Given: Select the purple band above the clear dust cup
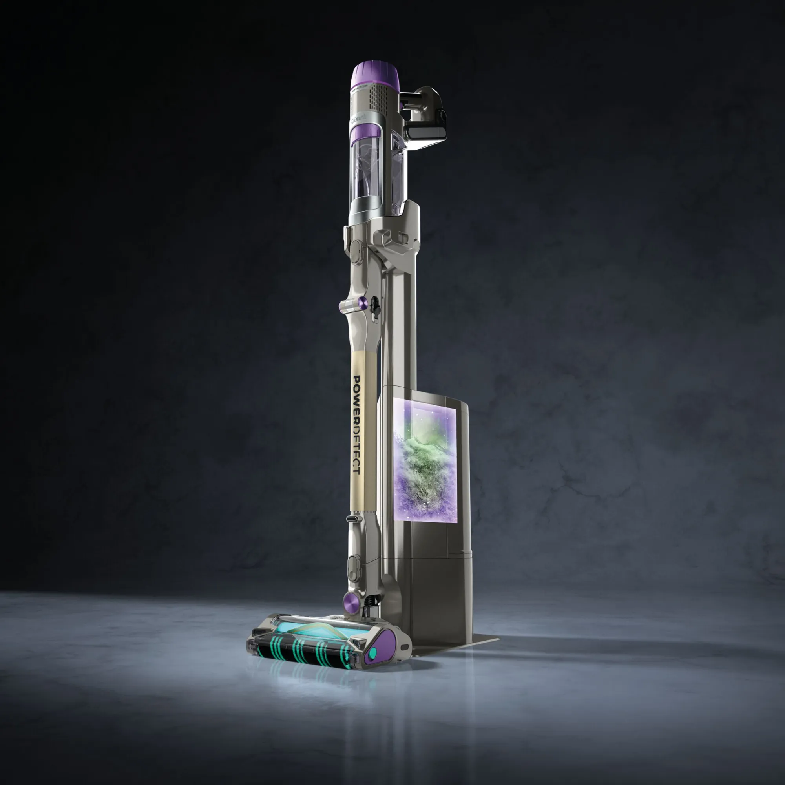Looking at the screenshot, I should (365, 134).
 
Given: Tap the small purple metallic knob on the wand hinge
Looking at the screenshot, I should (363, 301).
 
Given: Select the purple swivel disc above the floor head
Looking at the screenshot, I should (350, 600).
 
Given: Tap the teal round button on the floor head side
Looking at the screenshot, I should (372, 654).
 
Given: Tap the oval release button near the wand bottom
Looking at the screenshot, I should (353, 566).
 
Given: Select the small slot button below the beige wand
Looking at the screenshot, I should (354, 519).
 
